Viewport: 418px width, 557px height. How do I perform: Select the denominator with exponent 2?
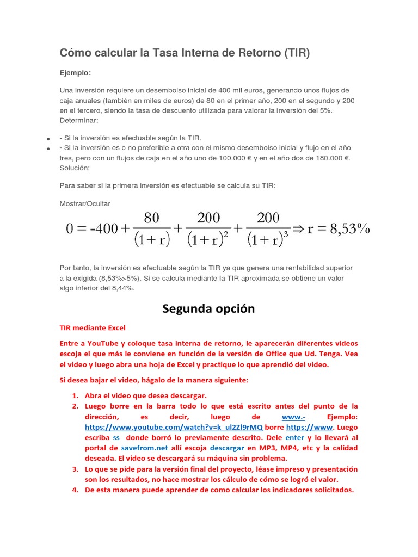coord(208,240)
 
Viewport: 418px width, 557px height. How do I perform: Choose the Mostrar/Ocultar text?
coord(85,203)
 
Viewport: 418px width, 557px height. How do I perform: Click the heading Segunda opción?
coord(208,308)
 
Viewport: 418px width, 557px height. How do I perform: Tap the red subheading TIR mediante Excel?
coord(92,328)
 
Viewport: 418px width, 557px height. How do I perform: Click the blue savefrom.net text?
coord(144,448)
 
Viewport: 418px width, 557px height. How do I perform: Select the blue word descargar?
coord(227,448)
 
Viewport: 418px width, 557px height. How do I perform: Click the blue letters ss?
coord(116,437)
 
